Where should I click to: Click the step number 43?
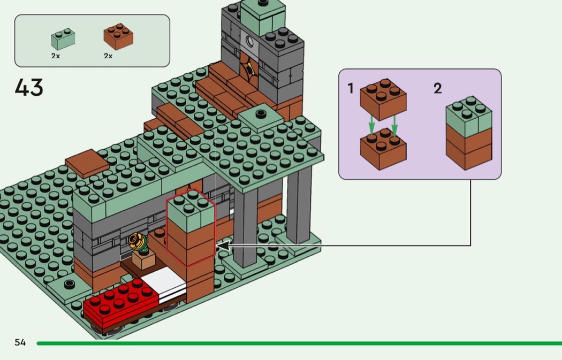[x=29, y=88]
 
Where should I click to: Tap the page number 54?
[x=20, y=342]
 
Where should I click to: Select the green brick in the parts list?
[x=63, y=39]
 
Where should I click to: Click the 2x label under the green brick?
[x=56, y=56]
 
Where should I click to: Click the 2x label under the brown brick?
[x=109, y=56]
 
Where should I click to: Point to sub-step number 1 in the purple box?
[x=351, y=88]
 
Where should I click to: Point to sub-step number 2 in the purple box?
[x=437, y=89]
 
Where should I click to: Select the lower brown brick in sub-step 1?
[x=383, y=150]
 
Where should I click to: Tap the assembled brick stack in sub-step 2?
[x=469, y=134]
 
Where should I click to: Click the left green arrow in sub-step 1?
[x=371, y=126]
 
